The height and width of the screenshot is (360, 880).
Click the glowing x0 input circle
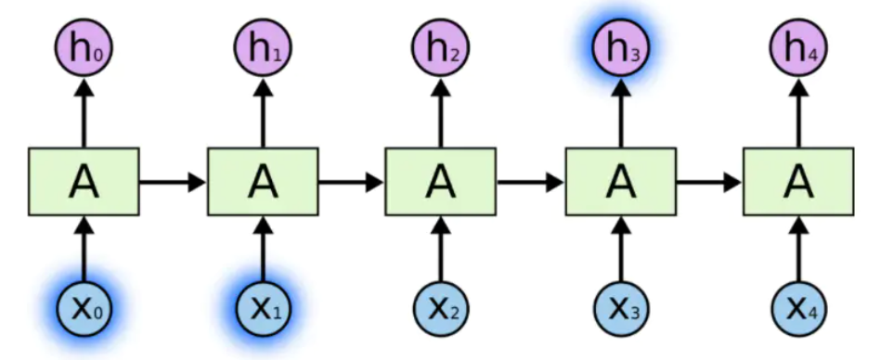[x=84, y=306]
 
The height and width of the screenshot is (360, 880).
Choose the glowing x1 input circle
[x=264, y=306]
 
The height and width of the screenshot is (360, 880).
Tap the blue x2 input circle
[x=442, y=306]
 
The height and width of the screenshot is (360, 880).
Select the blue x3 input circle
[x=620, y=306]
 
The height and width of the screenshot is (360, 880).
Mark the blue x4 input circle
[x=798, y=306]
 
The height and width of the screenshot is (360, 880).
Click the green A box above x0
[x=84, y=181]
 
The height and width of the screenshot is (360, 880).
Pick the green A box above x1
[x=264, y=181]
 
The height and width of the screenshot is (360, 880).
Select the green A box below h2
[x=442, y=181]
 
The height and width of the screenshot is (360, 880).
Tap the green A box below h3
[x=620, y=181]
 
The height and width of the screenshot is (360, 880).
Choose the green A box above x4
[x=798, y=181]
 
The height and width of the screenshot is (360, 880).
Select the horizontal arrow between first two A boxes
[x=174, y=181]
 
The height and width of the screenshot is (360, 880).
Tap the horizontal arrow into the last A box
[x=709, y=181]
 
